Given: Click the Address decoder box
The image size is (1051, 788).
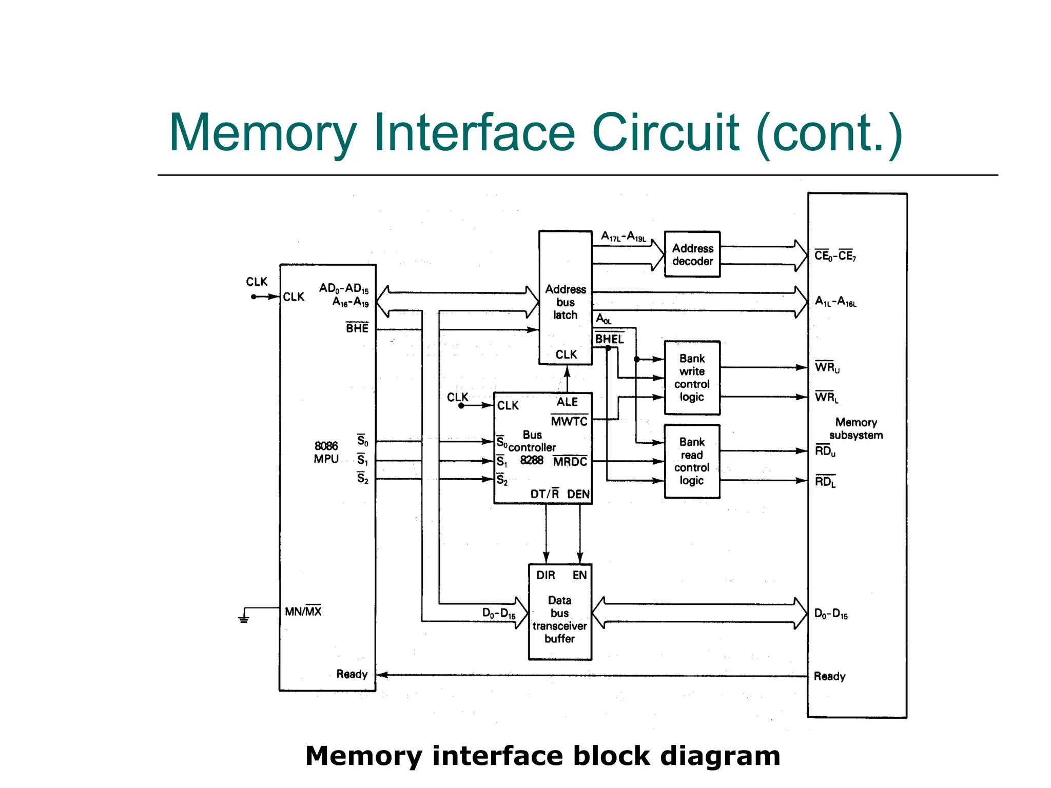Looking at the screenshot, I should pos(692,254).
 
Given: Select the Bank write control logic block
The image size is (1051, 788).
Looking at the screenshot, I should pos(692,378).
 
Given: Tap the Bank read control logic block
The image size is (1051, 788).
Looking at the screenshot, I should pos(692,461).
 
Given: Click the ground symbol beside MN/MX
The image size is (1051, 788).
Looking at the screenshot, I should pos(244,617).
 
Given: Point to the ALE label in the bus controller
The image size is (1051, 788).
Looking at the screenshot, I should pos(567,402).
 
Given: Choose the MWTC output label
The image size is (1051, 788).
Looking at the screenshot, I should pos(569,421).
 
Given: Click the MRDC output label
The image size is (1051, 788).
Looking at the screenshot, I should pos(570,462).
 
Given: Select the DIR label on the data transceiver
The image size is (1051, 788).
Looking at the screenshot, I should pos(546,575).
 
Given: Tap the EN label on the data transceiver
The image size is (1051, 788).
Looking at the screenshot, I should pos(579,575).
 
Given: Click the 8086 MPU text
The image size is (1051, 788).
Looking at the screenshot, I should pos(326,452).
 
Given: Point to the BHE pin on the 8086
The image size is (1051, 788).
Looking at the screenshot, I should pos(357,328).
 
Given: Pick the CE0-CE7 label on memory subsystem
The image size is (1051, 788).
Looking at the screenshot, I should pos(835,255).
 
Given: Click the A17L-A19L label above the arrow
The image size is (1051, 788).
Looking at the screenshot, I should pos(624,237).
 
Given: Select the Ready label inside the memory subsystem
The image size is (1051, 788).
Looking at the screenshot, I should pos(829,676).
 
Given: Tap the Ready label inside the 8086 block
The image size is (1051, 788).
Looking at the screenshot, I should pos(352,674).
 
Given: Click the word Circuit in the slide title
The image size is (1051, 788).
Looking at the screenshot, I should pos(666,133).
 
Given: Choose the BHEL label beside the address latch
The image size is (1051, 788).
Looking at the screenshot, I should pos(609,339).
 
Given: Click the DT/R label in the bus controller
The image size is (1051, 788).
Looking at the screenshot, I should pos(544,494).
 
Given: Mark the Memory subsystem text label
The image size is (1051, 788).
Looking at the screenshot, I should pos(856,428).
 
